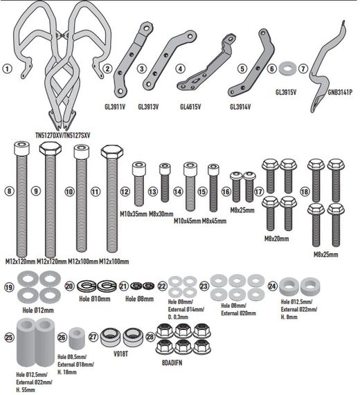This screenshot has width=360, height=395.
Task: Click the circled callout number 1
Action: point(7,68)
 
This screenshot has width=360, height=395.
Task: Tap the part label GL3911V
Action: point(118,107)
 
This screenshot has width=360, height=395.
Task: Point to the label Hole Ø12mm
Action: point(33,311)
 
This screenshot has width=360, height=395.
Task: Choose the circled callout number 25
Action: point(8,338)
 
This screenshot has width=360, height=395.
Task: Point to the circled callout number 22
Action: point(163,286)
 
